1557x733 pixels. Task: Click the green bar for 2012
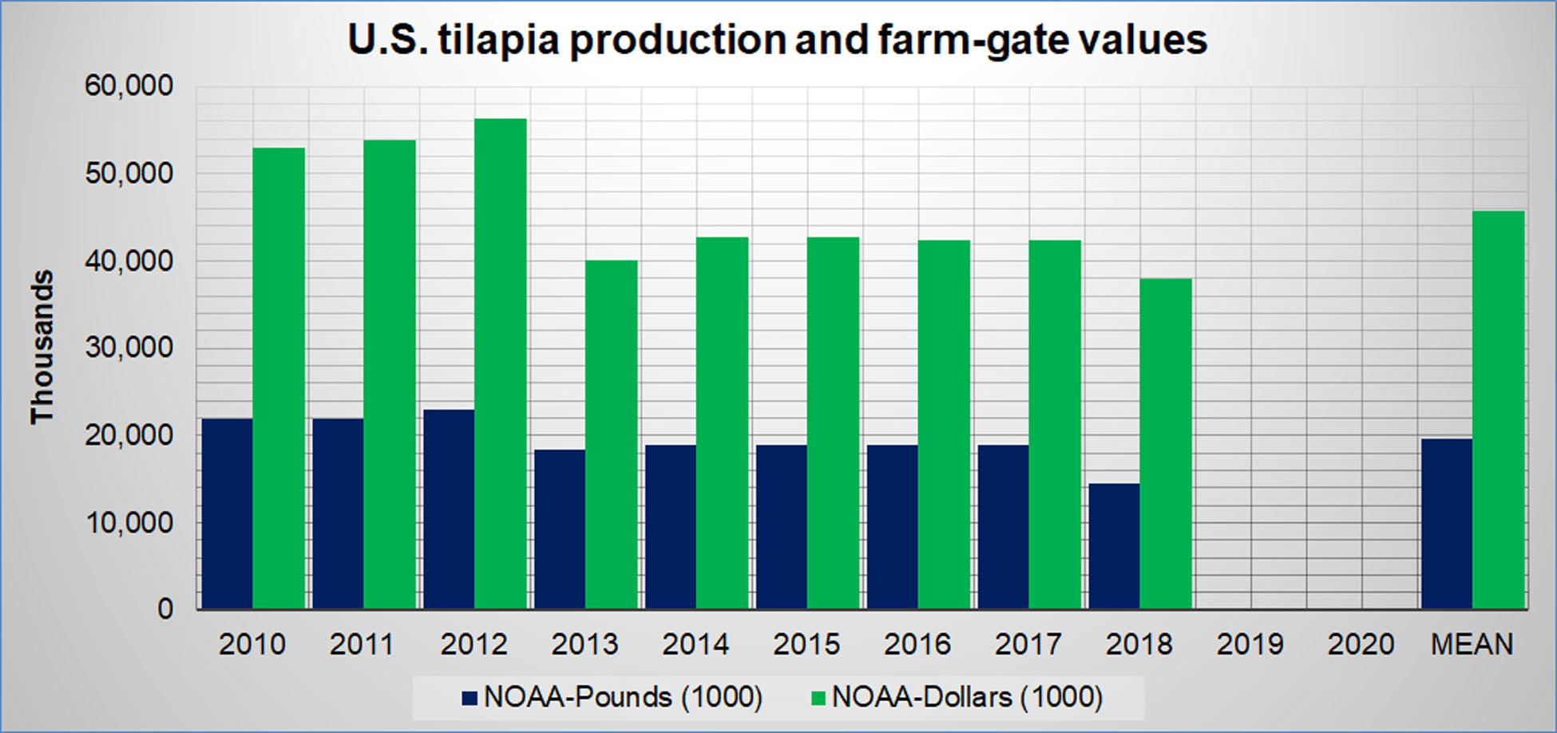point(501,363)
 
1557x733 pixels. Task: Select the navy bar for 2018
point(1114,546)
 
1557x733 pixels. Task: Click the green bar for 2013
point(612,434)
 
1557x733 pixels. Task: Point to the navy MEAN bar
point(1446,524)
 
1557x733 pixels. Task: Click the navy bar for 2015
point(781,527)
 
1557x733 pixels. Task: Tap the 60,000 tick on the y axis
point(129,85)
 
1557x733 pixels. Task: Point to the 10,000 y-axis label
point(129,523)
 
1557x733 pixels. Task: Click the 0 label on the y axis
point(164,609)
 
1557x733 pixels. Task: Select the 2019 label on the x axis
point(1250,644)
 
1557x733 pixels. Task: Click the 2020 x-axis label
point(1361,644)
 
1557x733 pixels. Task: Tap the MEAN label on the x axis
point(1472,644)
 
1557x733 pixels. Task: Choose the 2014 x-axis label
point(695,644)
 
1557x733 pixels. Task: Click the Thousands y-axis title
point(42,347)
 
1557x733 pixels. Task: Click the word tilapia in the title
point(497,40)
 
